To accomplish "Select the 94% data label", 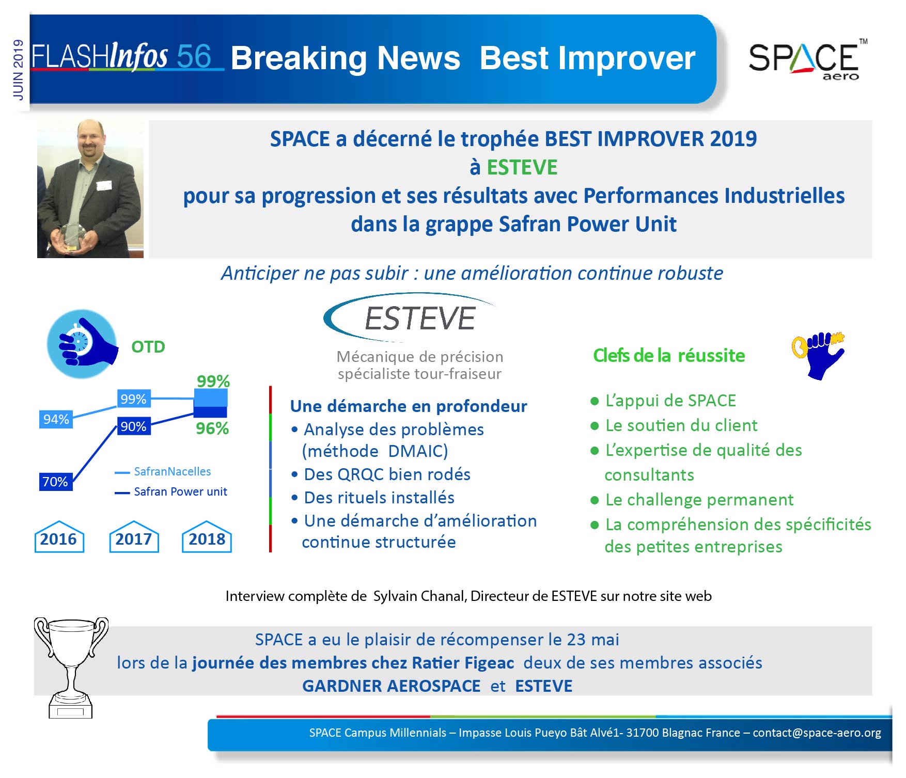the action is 56,419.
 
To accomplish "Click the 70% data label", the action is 55,482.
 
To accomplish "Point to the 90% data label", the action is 134,426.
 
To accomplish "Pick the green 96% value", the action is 212,428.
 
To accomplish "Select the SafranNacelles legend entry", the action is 163,472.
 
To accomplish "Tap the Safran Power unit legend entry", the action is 171,492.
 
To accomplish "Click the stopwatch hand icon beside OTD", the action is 82,343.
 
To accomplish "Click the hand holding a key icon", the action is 818,355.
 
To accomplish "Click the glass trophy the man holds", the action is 71,237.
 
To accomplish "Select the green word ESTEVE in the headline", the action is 522,167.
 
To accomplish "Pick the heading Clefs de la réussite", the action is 669,355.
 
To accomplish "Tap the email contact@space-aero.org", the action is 817,733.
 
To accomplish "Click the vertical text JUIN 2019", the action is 18,70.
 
